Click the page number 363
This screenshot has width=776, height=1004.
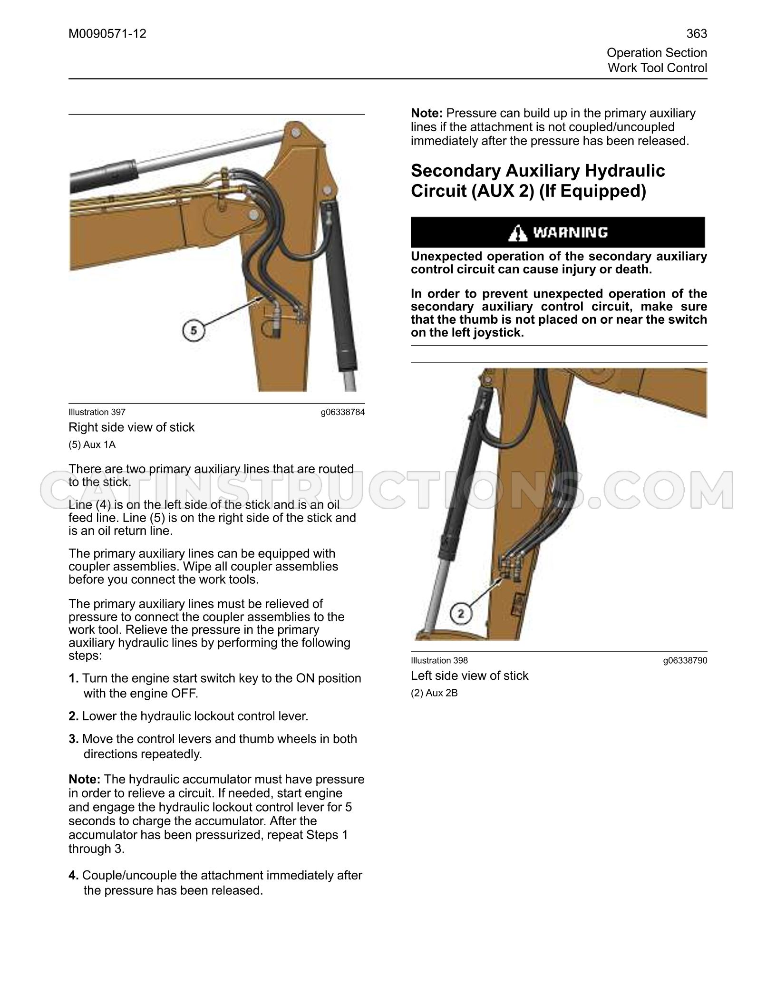point(697,34)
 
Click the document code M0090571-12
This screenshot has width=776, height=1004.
point(107,34)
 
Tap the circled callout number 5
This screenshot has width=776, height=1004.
point(194,330)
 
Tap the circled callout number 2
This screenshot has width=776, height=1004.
point(460,614)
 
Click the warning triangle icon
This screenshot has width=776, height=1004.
point(517,233)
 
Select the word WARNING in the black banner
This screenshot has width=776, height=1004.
point(570,232)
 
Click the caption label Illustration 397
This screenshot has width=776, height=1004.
point(97,412)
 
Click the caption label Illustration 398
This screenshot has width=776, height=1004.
point(439,660)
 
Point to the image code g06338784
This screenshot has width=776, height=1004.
point(343,412)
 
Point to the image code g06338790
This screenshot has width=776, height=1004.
point(685,660)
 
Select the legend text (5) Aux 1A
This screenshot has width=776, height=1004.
point(92,444)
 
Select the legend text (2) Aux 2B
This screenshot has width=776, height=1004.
point(435,693)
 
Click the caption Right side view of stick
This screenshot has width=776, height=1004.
point(132,427)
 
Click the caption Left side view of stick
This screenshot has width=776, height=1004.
point(470,676)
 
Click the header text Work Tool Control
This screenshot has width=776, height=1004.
point(658,68)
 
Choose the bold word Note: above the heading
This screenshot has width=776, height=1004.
point(427,114)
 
